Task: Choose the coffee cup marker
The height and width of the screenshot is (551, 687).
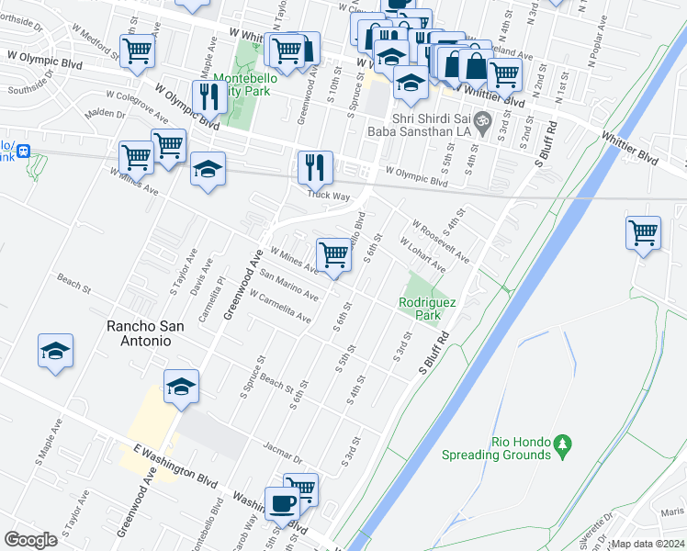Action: (282, 503)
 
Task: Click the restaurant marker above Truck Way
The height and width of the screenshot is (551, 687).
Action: (315, 168)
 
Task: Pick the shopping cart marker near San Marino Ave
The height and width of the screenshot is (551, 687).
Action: (333, 254)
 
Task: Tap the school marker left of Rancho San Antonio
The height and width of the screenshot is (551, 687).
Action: (55, 351)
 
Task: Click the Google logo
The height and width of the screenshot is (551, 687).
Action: (31, 540)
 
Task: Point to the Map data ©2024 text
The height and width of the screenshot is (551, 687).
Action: (647, 544)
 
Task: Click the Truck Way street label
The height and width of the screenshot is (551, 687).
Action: (328, 196)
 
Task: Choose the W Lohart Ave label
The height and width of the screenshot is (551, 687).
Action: (423, 256)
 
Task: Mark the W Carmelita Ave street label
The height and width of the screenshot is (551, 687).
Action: (279, 306)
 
